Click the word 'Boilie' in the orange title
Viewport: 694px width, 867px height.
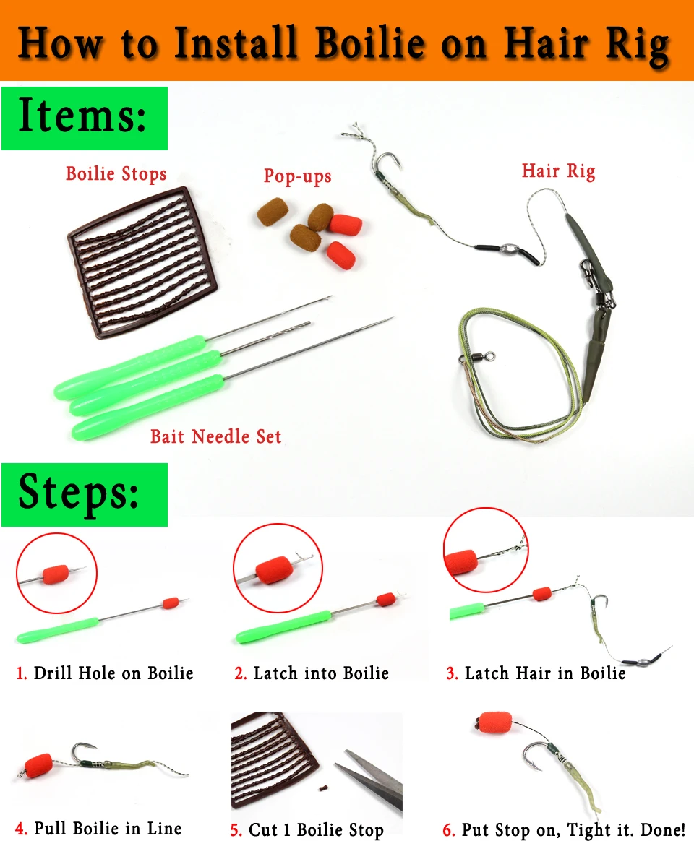coord(370,43)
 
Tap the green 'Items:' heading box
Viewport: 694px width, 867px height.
coord(85,118)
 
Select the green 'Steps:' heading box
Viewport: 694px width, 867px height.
coord(85,495)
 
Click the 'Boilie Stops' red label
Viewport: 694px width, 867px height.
coord(116,174)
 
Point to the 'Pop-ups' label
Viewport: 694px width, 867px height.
coord(298,176)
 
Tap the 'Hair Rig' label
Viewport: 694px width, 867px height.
coord(559,171)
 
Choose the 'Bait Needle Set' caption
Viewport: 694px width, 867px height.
coord(215,436)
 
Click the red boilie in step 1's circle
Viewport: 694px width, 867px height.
coord(56,574)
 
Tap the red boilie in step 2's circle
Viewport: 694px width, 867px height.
coord(274,570)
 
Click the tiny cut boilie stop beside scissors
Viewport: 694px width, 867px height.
coord(322,788)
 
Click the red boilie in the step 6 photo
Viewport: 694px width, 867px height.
coord(494,723)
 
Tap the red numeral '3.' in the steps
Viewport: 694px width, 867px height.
coord(452,673)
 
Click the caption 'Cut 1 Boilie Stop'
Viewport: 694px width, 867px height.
coord(316,830)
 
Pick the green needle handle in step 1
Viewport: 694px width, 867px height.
coord(57,630)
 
